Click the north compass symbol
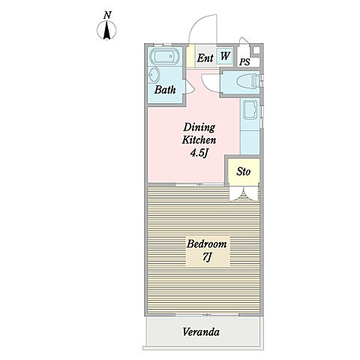tap(106, 31)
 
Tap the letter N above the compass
tap(107, 16)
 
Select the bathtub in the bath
tap(164, 57)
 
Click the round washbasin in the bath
tap(154, 75)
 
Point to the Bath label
tap(165, 90)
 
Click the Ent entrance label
tap(205, 58)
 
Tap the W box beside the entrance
tap(225, 55)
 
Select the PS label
tap(244, 62)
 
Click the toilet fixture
tap(248, 81)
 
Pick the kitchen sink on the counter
tap(250, 109)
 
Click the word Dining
tap(199, 127)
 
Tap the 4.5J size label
tap(199, 153)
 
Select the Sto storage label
tap(244, 172)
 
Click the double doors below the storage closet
tap(244, 193)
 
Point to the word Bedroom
tap(207, 244)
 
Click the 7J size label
tap(206, 257)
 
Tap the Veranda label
tap(201, 332)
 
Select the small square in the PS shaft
tap(256, 50)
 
